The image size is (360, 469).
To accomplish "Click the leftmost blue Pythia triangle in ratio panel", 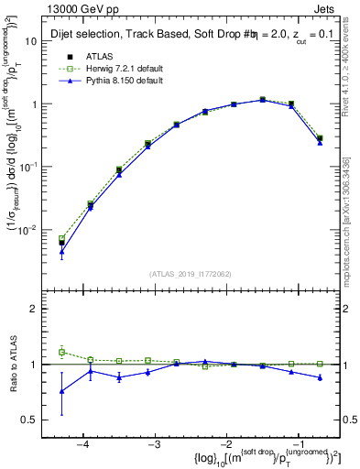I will point(62,391).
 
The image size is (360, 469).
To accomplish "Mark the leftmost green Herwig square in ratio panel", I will point(62,352).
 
